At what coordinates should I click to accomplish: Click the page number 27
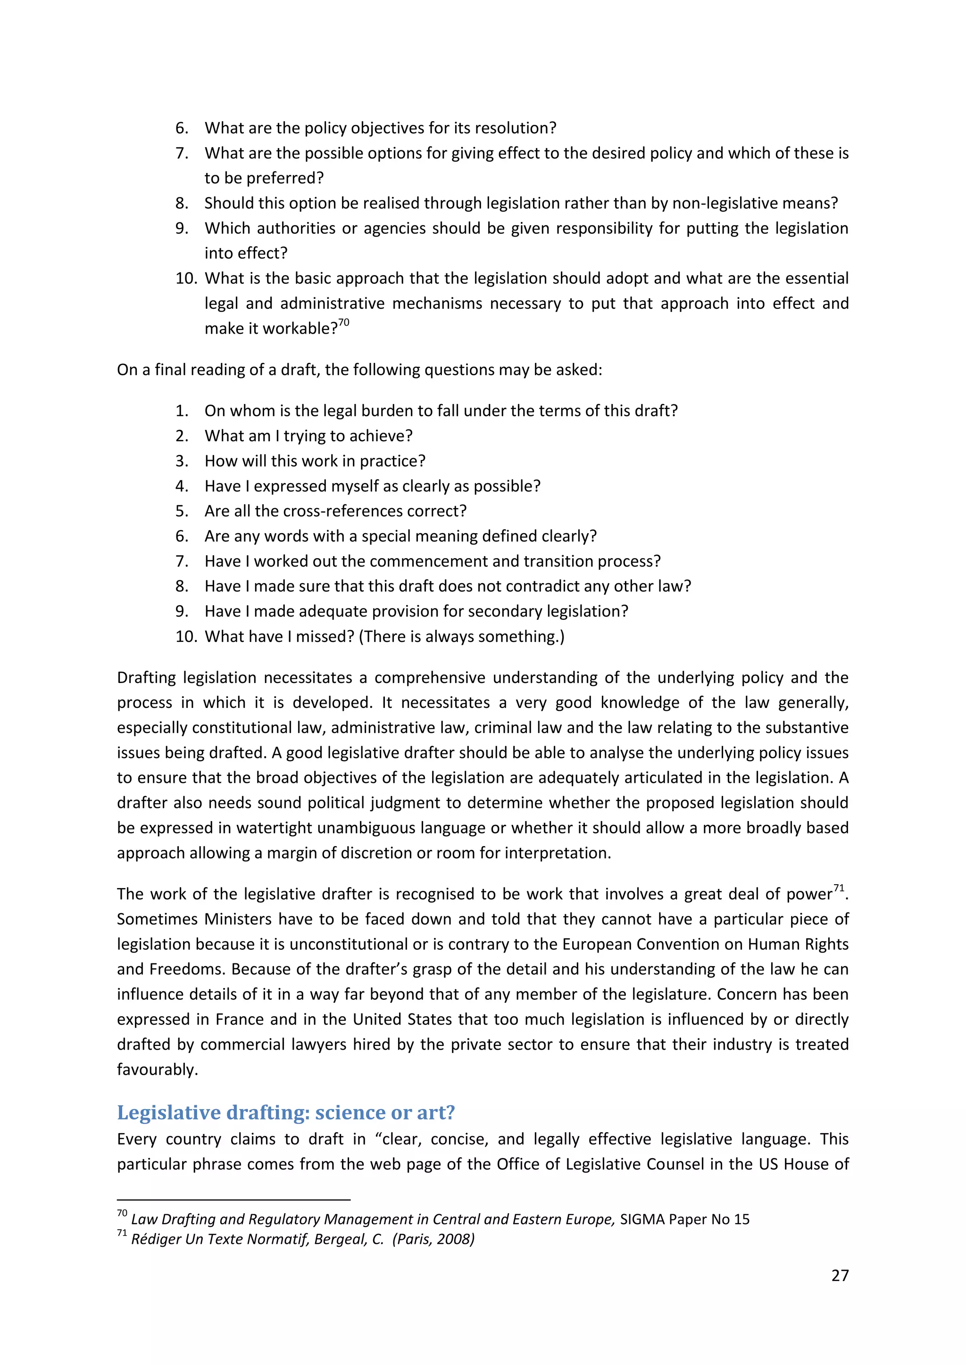point(839,1275)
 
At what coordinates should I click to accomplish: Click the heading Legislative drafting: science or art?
point(285,1112)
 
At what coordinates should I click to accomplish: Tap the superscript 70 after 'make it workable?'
point(344,322)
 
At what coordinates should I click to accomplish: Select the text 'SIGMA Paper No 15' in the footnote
point(684,1219)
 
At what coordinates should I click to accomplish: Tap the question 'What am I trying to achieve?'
point(308,436)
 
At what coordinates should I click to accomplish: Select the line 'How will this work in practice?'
point(315,461)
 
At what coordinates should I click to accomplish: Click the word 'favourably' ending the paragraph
point(155,1069)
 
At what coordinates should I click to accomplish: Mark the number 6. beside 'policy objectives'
point(182,128)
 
